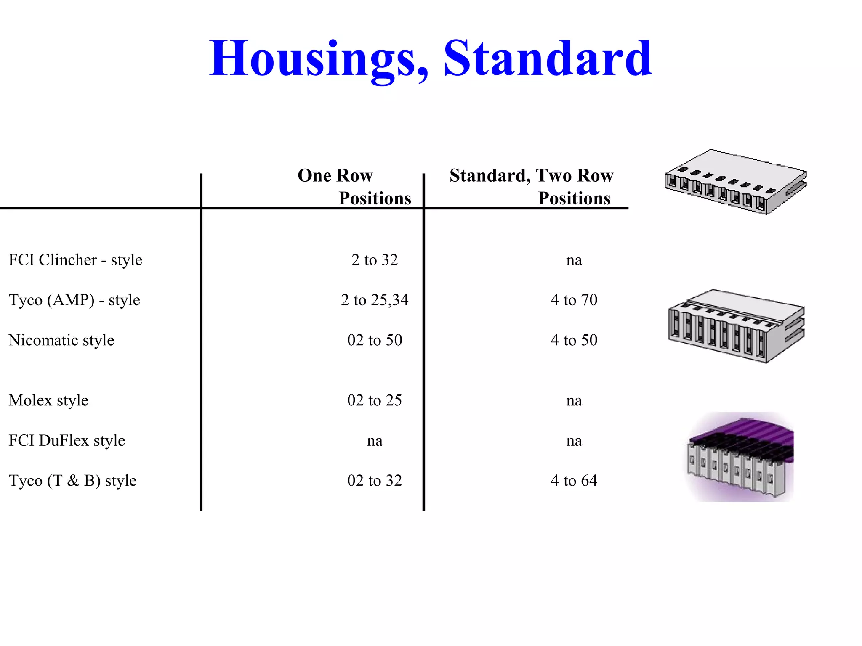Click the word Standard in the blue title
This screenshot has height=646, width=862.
[x=548, y=58]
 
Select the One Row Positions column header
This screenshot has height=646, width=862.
[x=354, y=186]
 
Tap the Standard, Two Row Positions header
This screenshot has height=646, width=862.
[x=531, y=186]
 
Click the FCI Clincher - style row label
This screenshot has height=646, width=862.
[x=75, y=260]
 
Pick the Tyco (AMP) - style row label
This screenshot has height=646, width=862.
[x=74, y=300]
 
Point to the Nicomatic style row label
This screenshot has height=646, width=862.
[x=61, y=340]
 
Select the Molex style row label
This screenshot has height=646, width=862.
[x=48, y=400]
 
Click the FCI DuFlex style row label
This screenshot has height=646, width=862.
[x=67, y=440]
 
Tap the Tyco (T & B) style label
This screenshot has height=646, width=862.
[x=72, y=480]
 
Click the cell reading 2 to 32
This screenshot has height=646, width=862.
[x=375, y=260]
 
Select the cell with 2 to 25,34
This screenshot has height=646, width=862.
[x=375, y=300]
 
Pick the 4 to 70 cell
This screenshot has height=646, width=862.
[x=574, y=300]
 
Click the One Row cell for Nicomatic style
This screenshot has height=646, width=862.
[x=375, y=340]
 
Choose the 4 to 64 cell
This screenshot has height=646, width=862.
[x=574, y=480]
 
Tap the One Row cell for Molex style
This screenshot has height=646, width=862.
[x=375, y=400]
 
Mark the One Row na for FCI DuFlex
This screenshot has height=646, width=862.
[x=375, y=441]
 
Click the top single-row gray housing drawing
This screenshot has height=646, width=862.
[x=736, y=182]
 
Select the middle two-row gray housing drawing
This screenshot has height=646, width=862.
[x=737, y=326]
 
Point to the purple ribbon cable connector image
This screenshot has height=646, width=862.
[x=740, y=457]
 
